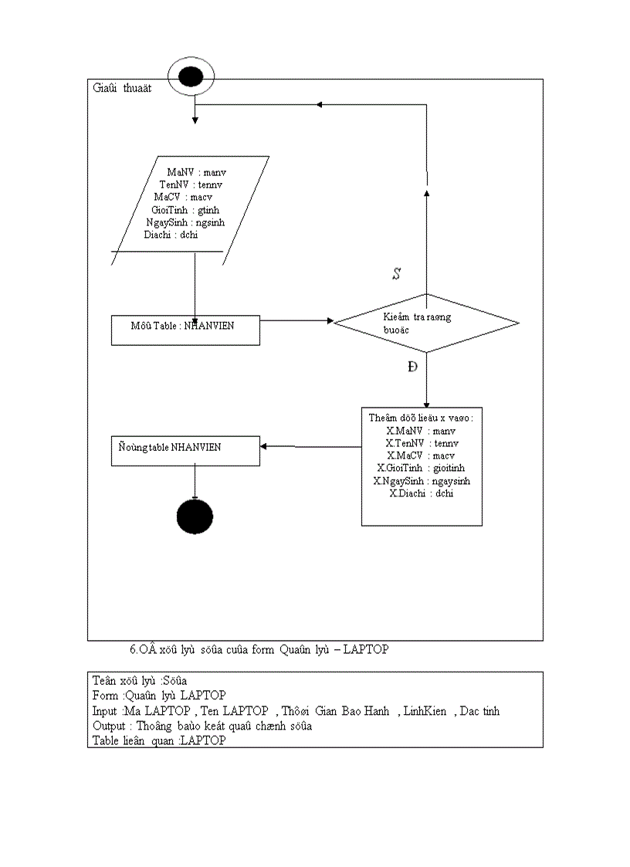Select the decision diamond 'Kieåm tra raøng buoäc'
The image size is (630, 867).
pos(425,323)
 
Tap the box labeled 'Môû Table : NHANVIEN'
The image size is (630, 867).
pos(185,327)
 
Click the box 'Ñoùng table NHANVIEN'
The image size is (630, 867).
pos(185,449)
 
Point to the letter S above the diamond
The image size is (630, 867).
pos(396,274)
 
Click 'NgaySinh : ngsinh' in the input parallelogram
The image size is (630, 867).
pos(185,222)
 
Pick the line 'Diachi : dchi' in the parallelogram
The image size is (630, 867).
pos(171,235)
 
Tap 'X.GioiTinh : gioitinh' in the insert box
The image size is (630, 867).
pos(421,468)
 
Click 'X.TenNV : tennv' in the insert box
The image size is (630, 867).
pos(422,443)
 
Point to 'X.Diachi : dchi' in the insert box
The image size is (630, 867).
pos(421,493)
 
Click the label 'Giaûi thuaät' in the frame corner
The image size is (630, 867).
pos(121,88)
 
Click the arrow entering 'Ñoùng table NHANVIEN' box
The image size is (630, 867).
pos(309,447)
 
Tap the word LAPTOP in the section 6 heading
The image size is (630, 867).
pos(365,650)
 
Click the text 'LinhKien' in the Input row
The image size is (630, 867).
pos(425,710)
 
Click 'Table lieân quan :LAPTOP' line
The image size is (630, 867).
pos(159,740)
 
